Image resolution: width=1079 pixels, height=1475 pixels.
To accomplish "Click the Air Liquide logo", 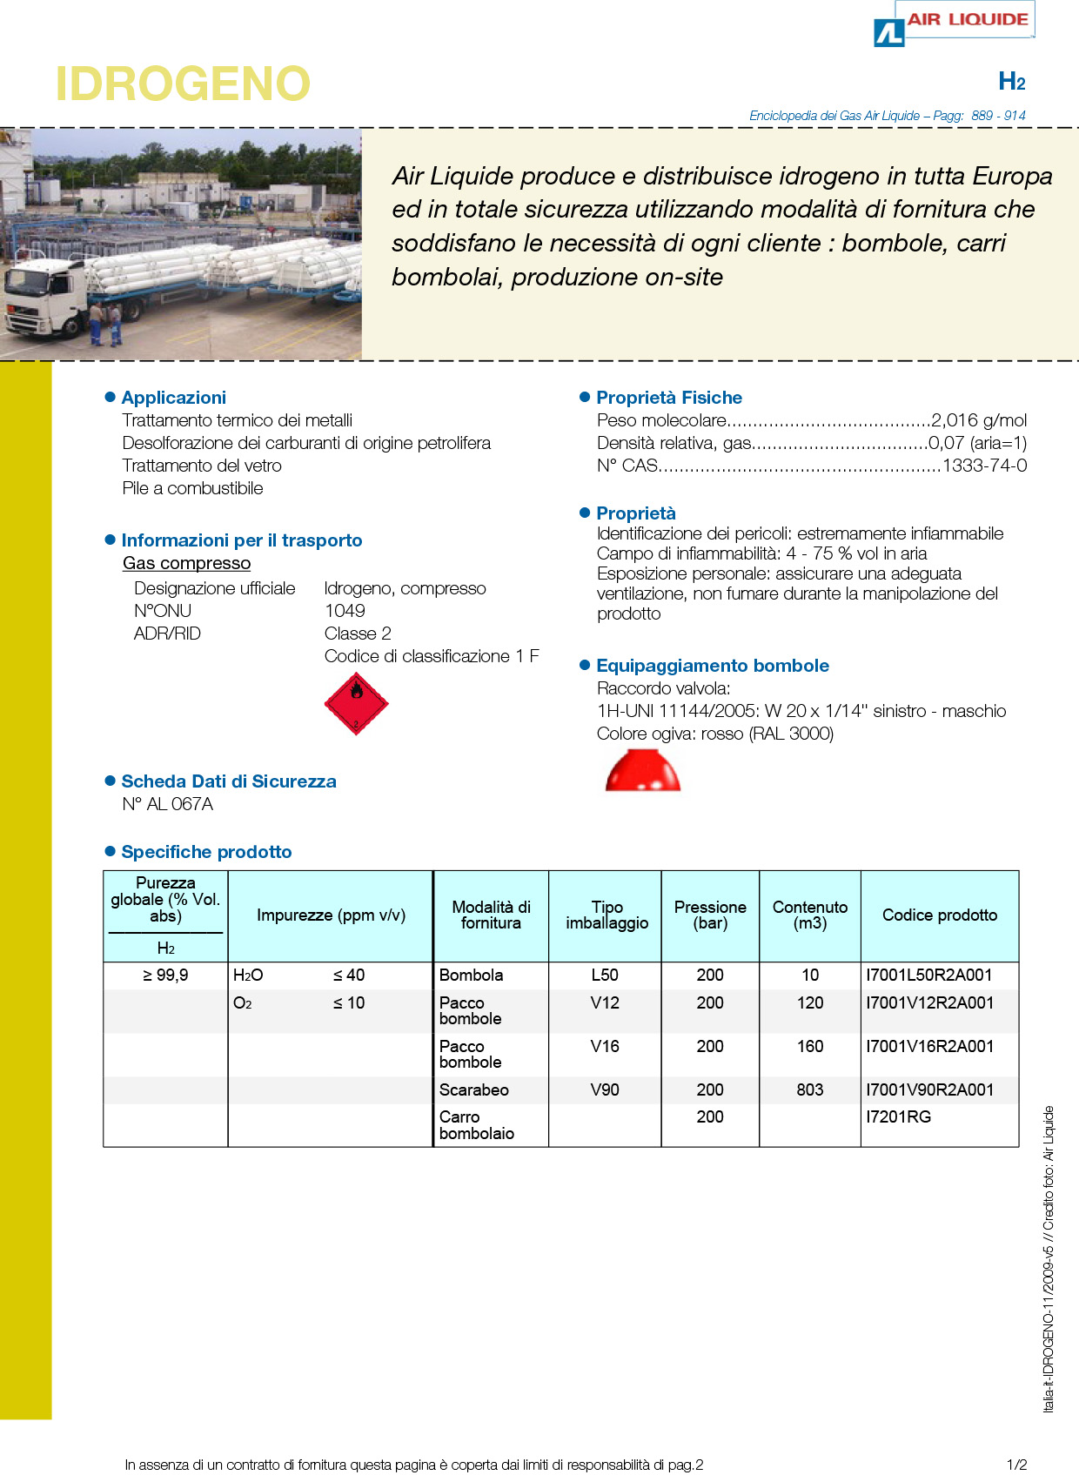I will click(x=954, y=24).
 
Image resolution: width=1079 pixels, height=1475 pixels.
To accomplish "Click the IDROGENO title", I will click(x=183, y=84).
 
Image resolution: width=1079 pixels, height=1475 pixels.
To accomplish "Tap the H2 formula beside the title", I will click(x=1011, y=82).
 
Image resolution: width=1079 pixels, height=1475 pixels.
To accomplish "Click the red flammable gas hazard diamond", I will click(x=356, y=703).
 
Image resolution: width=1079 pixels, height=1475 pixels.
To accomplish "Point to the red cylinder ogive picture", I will click(x=643, y=770).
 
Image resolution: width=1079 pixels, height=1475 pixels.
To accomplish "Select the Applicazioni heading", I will click(x=173, y=398).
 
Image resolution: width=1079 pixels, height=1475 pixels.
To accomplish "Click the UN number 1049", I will click(x=345, y=611).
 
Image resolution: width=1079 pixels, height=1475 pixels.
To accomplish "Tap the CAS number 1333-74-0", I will click(x=984, y=466).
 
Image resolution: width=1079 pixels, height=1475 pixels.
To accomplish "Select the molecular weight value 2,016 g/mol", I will click(x=979, y=420).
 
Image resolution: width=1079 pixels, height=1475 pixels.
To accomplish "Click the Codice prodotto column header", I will click(x=939, y=915).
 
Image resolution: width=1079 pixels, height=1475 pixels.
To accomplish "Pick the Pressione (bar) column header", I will click(x=710, y=915).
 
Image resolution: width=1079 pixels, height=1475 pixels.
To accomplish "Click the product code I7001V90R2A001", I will click(x=929, y=1089).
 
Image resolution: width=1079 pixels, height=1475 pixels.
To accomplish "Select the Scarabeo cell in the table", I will click(x=473, y=1089).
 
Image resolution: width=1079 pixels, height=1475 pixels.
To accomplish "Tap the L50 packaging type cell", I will click(x=605, y=976).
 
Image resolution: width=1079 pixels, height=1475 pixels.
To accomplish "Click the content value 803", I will click(x=809, y=1089).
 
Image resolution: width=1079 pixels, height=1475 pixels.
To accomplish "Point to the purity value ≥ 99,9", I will click(x=165, y=976).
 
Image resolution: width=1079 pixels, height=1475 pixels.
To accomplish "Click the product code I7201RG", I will click(x=898, y=1116).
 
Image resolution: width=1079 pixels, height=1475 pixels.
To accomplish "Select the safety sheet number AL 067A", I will click(x=168, y=804).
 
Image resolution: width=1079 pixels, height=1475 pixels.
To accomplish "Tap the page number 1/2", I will click(x=1016, y=1465).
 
